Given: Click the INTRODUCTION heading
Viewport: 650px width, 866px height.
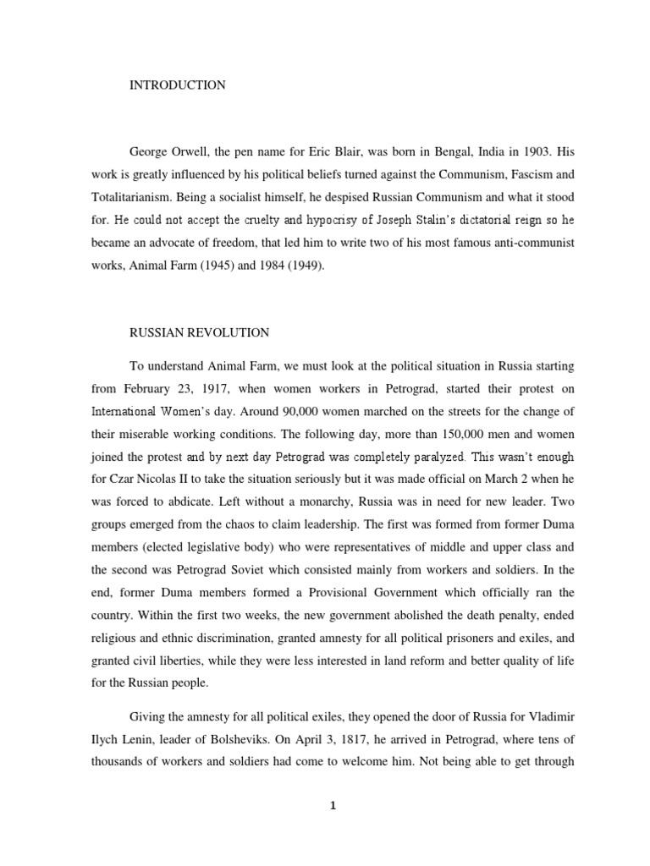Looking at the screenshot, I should tap(177, 85).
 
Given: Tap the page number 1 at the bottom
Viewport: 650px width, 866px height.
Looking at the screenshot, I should tap(333, 806).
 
